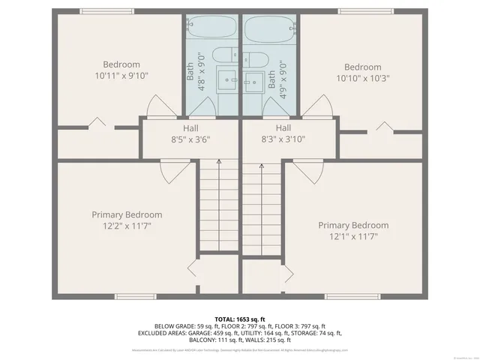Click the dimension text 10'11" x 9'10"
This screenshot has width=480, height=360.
click(121, 76)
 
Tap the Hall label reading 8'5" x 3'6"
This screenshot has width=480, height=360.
click(190, 139)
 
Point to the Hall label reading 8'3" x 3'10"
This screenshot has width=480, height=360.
click(283, 139)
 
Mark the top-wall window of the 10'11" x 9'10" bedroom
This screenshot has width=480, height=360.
click(101, 11)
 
